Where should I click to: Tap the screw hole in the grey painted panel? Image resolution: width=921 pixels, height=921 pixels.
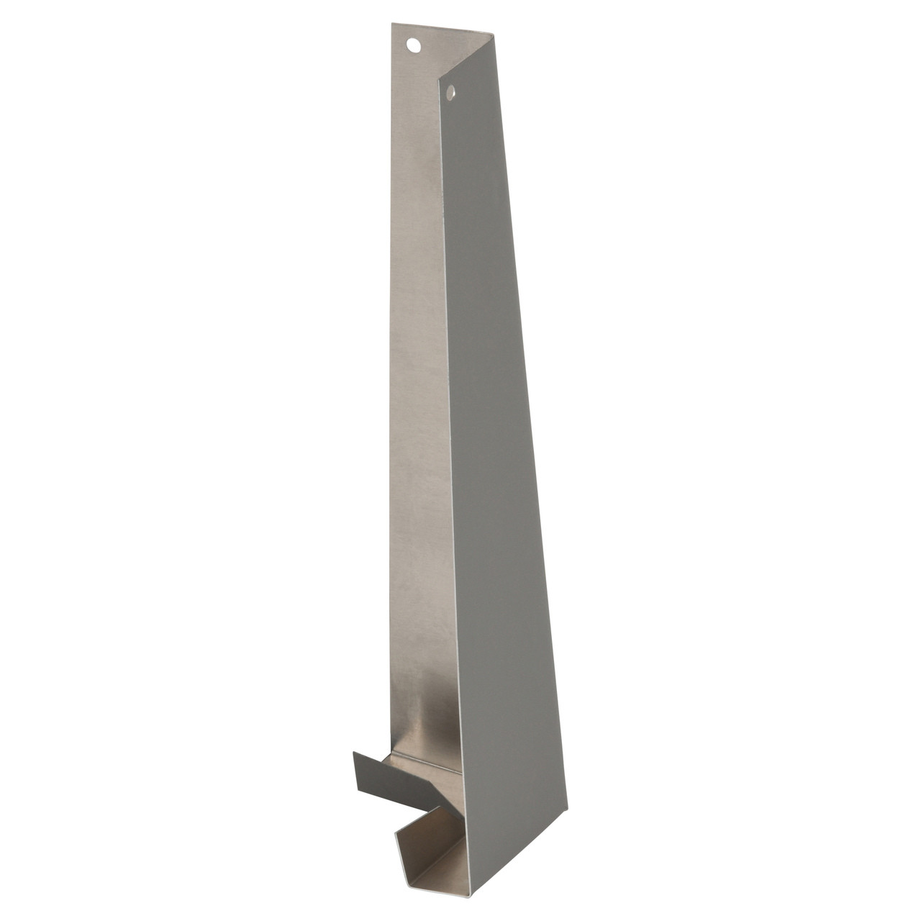pos(451,91)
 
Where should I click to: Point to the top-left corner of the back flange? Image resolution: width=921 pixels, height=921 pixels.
pos(393,24)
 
